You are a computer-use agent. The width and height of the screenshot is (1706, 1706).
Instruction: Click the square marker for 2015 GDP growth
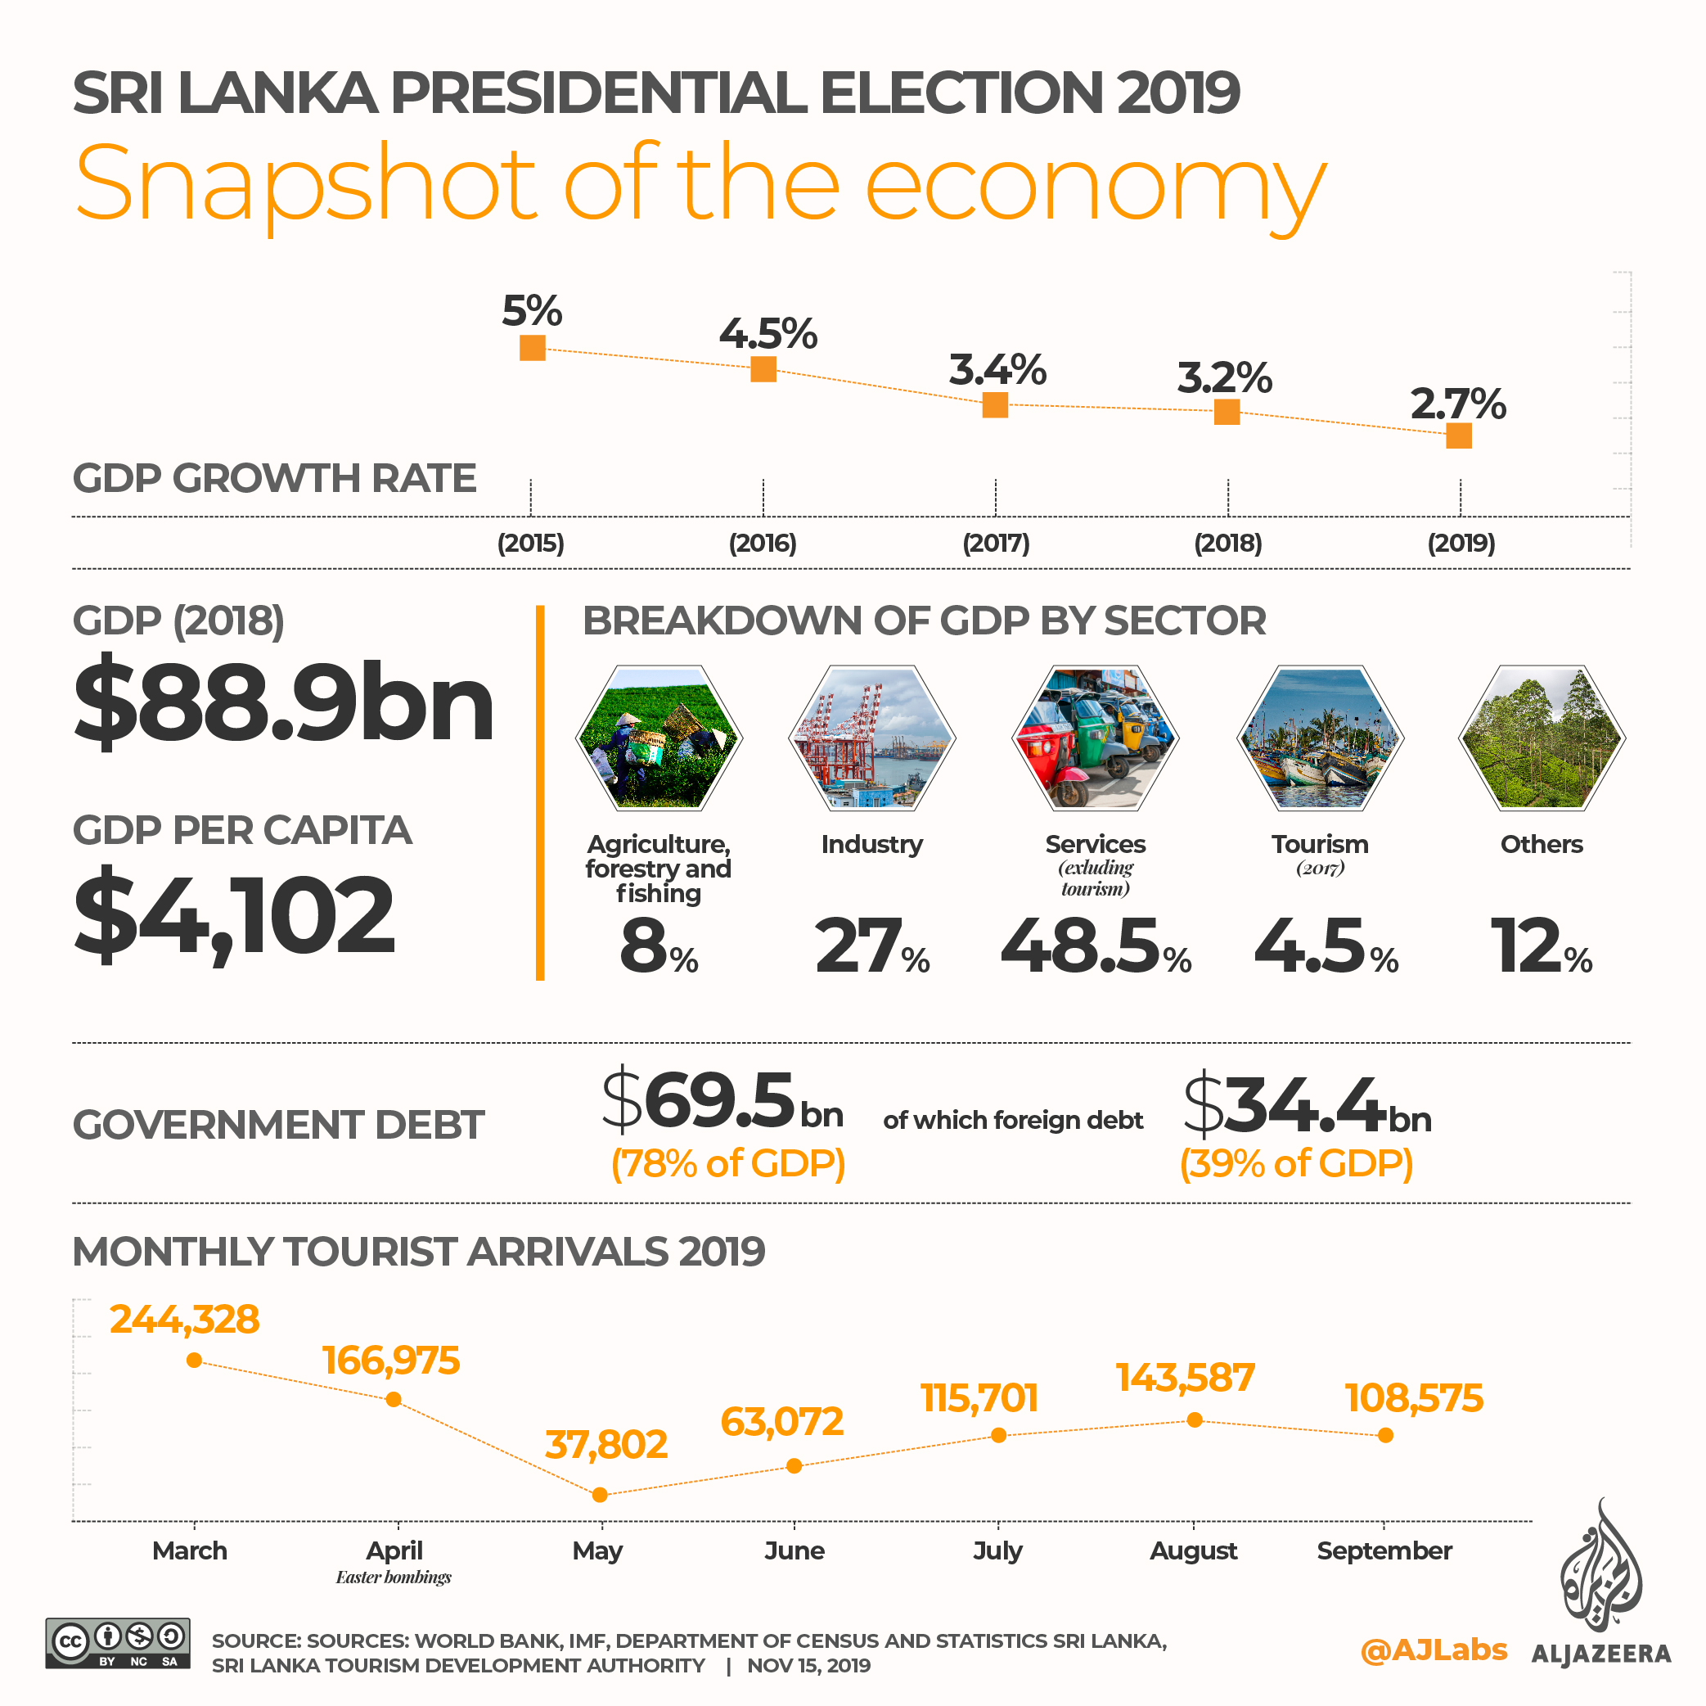(533, 348)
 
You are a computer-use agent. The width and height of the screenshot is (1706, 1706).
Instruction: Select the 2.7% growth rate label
(1458, 404)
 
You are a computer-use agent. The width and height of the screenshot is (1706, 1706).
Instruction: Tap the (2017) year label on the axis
(996, 543)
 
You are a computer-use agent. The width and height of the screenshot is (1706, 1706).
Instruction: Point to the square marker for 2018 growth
(1227, 412)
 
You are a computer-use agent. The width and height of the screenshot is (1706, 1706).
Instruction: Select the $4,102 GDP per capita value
(234, 914)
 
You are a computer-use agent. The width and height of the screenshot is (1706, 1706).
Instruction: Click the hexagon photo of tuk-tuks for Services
(1095, 738)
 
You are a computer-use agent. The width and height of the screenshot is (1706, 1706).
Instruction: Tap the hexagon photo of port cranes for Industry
(871, 738)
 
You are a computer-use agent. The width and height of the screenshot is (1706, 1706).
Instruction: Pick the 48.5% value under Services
(1095, 947)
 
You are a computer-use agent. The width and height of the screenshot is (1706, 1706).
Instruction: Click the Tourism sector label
(1319, 844)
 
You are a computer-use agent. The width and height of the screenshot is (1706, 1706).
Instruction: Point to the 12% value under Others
(1541, 947)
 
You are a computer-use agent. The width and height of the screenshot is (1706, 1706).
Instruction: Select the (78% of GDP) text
(727, 1163)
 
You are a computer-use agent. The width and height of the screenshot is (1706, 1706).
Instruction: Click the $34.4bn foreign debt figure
(1307, 1105)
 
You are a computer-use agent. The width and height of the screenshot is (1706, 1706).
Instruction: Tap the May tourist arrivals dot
(600, 1495)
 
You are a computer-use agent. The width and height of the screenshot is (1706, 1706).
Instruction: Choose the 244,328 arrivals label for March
(185, 1319)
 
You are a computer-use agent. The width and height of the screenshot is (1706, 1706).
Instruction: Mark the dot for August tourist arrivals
(1194, 1419)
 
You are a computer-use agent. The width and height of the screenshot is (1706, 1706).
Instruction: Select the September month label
(1384, 1550)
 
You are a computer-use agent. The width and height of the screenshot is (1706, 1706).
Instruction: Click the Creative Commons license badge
(118, 1642)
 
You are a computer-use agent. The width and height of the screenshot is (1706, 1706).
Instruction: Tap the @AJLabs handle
(1434, 1650)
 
